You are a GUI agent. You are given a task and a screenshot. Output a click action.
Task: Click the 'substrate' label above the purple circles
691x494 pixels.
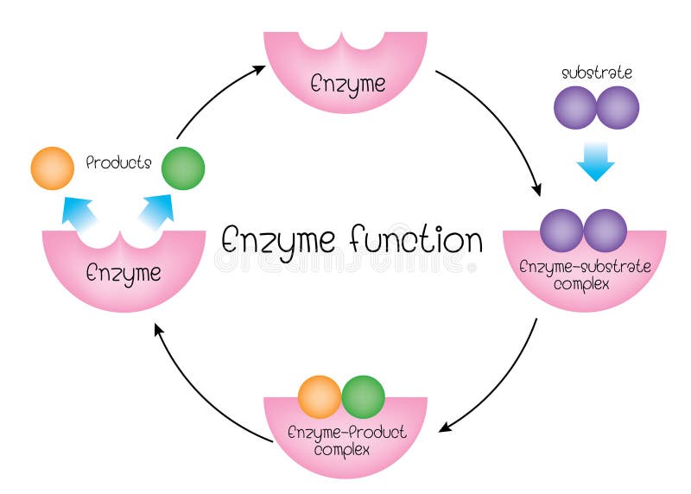pos(596,73)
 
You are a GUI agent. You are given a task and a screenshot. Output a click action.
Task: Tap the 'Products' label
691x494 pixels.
pos(119,162)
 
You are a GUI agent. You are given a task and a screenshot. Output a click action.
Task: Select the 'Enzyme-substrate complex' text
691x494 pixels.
pos(585,274)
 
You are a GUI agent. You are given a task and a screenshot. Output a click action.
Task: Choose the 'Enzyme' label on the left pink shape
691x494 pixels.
pos(124,273)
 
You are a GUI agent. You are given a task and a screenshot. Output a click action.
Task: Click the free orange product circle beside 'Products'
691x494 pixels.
pos(52,168)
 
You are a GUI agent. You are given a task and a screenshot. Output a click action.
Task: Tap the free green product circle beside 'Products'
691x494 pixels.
pos(183,168)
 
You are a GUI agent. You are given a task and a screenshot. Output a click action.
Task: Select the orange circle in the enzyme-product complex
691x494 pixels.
pos(320,396)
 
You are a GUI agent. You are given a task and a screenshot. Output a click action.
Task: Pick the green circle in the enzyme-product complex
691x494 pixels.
pos(364,396)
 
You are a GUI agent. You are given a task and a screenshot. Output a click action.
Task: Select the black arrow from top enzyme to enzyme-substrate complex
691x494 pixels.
pos(501,125)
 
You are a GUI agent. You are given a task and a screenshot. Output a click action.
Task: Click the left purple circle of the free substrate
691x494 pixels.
pos(574,108)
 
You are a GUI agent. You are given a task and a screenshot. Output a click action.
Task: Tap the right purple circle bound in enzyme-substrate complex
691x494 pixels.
pos(605,231)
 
